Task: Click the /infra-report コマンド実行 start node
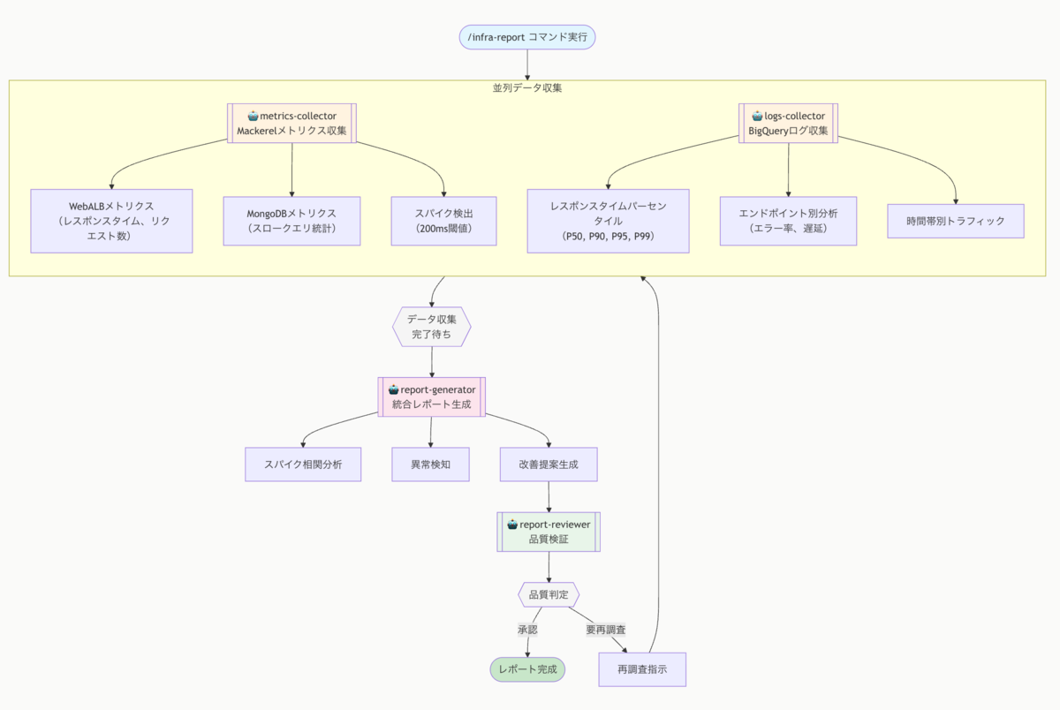pos(527,37)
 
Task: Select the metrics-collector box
pos(291,123)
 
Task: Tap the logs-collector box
pos(788,123)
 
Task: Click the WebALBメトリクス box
pos(111,221)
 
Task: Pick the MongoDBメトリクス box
pos(291,221)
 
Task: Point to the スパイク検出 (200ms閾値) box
pos(443,221)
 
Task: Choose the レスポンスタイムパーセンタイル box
pos(608,221)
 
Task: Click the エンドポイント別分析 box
pos(788,221)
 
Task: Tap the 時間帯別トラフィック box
pos(956,221)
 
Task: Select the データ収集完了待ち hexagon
pos(432,327)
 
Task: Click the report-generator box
pos(432,397)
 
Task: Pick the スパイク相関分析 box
pos(303,465)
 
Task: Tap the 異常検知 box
pos(431,465)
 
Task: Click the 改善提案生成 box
pos(549,465)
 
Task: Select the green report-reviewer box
pos(549,532)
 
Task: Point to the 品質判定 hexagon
pos(549,594)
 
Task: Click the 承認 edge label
pos(527,630)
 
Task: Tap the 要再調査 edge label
pos(606,630)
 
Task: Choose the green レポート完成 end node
pos(527,669)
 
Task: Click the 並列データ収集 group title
pos(527,88)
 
